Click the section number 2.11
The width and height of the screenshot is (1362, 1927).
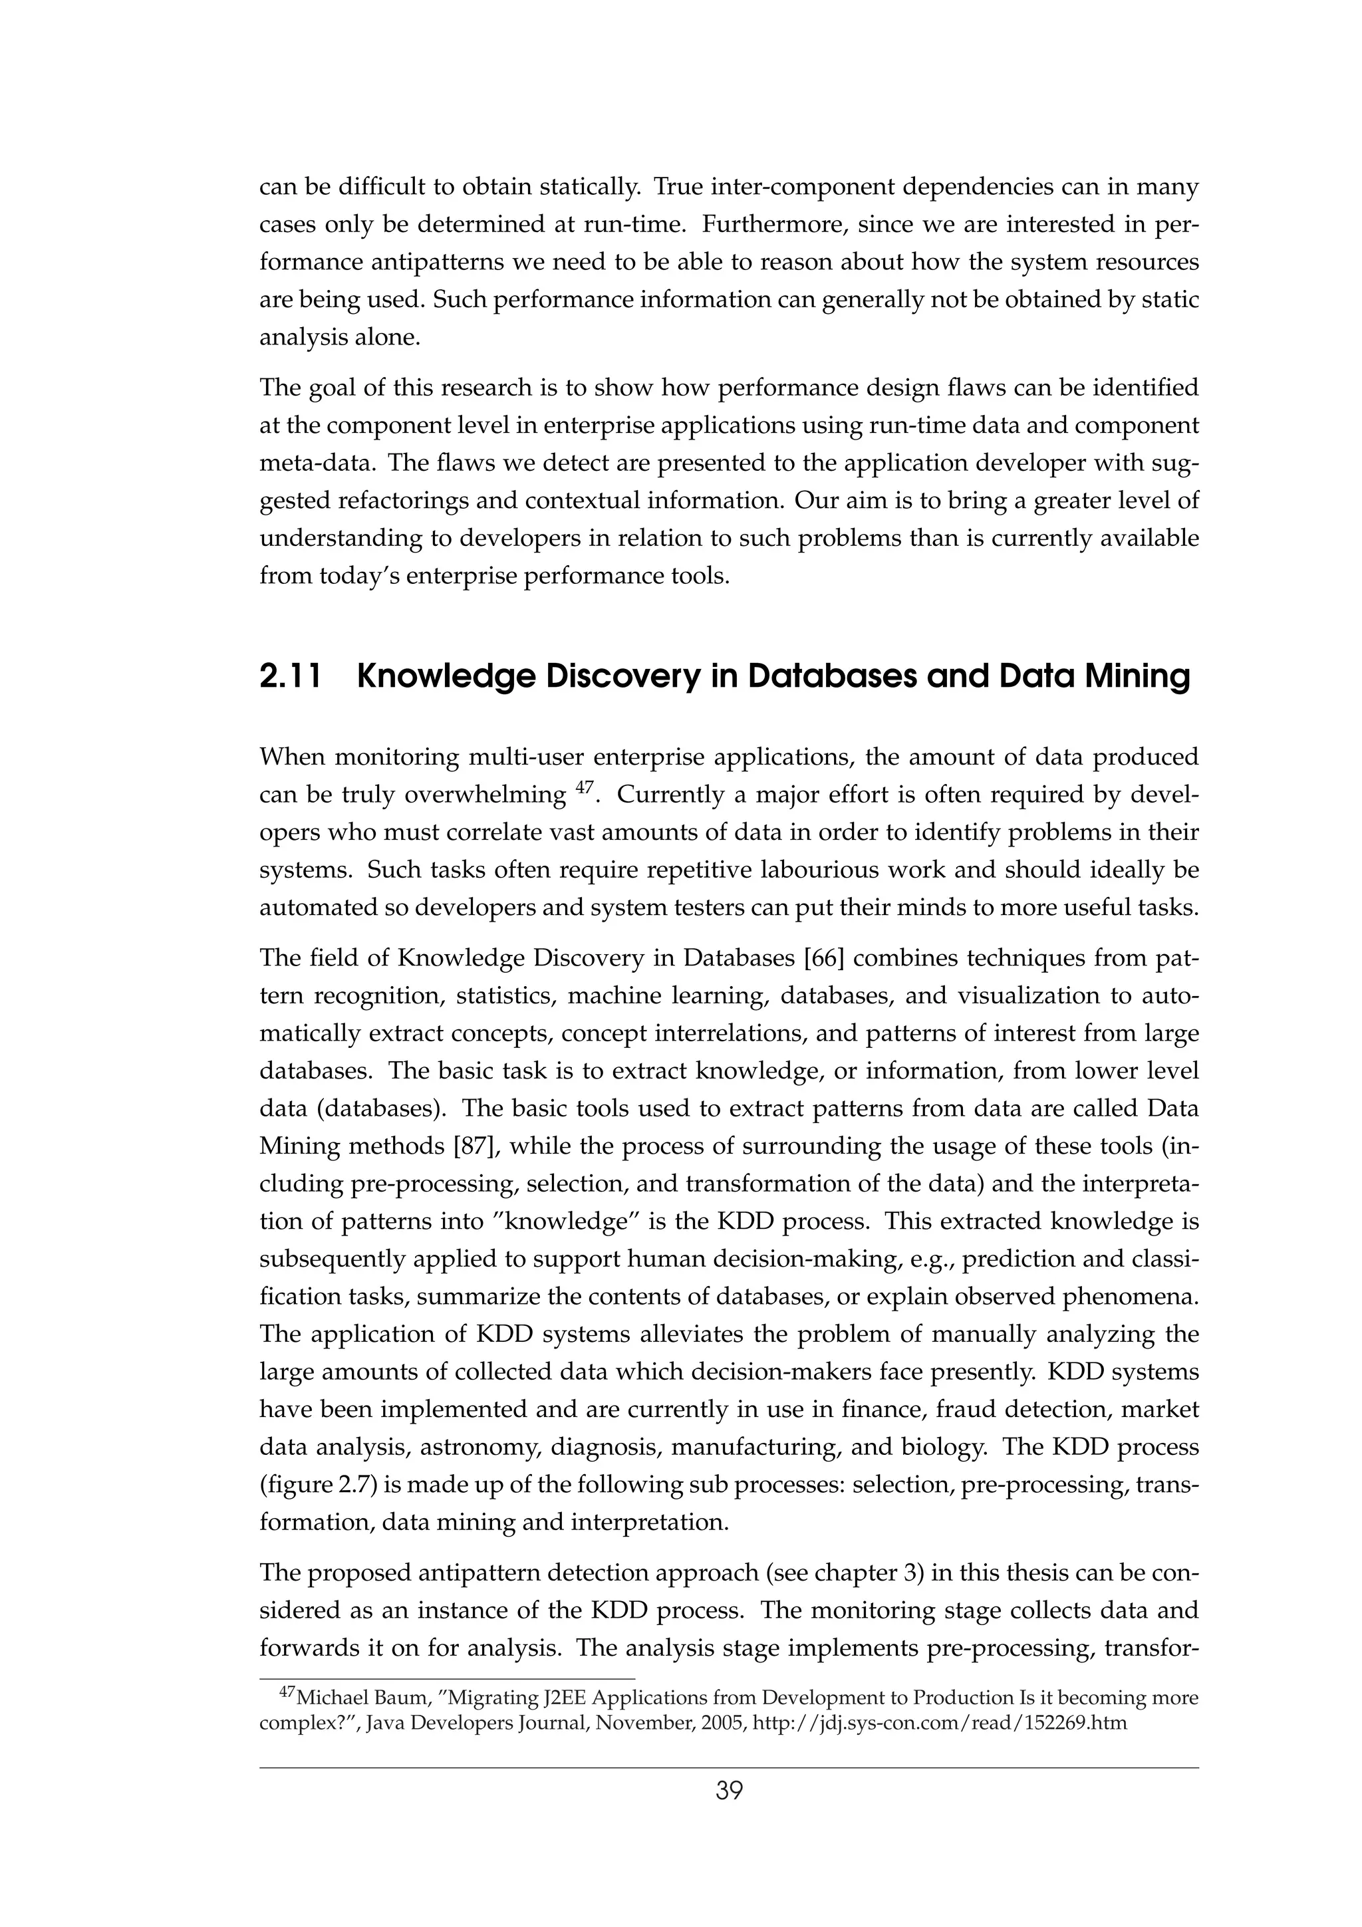point(291,676)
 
